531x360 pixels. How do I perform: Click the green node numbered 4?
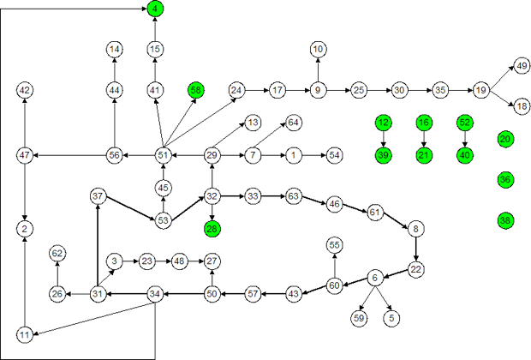tap(155, 9)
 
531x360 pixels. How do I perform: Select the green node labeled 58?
tap(196, 90)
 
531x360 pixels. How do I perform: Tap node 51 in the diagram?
tap(164, 154)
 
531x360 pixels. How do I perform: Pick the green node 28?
tap(212, 228)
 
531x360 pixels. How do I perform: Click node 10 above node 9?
tap(318, 49)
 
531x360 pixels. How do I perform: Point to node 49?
tap(522, 65)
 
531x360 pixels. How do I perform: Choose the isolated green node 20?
tap(505, 139)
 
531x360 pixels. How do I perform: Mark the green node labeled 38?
tap(505, 220)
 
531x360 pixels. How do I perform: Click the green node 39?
tap(383, 154)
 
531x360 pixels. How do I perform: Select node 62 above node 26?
tap(57, 253)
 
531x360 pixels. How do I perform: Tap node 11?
tap(25, 333)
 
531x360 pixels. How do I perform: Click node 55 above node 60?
tap(335, 245)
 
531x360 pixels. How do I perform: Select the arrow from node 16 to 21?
tap(424, 138)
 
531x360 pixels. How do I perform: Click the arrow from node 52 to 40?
tap(464, 138)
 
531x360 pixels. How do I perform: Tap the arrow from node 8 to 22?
tap(416, 249)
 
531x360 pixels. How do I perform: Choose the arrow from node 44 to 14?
tap(115, 69)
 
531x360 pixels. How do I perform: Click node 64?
tap(294, 123)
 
